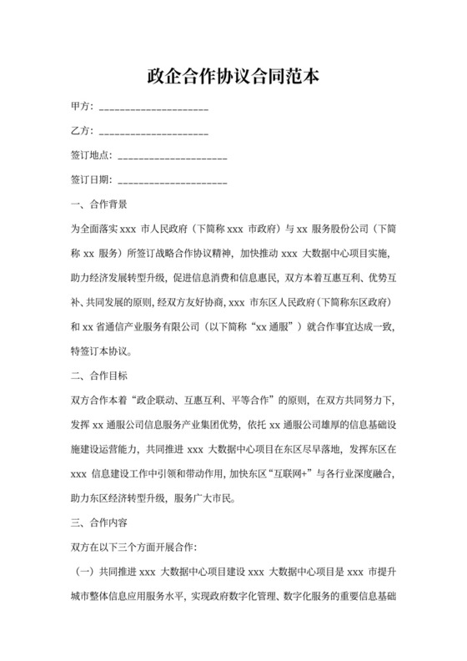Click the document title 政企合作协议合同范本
point(233,77)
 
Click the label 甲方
point(81,108)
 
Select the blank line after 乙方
point(153,134)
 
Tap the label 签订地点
point(91,156)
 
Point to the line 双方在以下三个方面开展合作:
point(134,547)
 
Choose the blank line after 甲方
point(153,108)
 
